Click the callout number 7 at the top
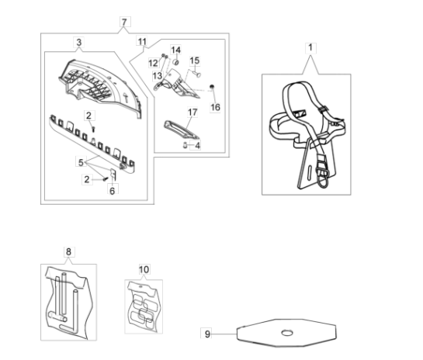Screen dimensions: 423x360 tap(124, 22)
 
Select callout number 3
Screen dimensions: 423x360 tap(78, 43)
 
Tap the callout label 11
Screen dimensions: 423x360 tap(142, 42)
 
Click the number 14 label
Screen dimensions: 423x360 tap(175, 50)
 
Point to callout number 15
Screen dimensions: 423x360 tap(195, 61)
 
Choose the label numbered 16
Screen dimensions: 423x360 tap(215, 107)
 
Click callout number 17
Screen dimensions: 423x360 tap(192, 112)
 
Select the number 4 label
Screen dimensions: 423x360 tap(198, 146)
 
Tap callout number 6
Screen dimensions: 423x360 tap(113, 191)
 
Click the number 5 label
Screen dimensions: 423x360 tap(81, 163)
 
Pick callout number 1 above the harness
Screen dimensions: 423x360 tap(310, 48)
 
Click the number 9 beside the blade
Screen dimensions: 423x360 tap(207, 334)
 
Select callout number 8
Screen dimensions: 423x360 tap(68, 252)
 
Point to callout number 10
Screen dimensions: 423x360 tap(144, 269)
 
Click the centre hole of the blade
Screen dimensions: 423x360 tap(287, 333)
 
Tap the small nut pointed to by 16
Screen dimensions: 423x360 tap(212, 87)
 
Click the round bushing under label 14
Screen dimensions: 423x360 tap(176, 63)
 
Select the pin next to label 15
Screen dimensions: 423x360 tap(196, 73)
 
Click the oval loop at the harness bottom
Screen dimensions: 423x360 tap(323, 178)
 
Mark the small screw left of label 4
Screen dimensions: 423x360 tap(185, 145)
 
